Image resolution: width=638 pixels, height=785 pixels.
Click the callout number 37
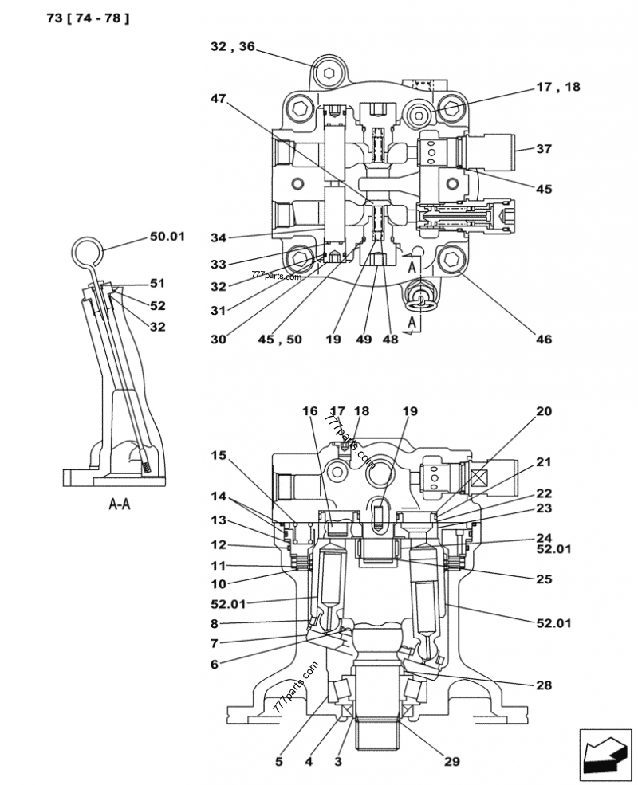pos(544,148)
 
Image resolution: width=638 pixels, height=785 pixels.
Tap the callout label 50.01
pos(167,236)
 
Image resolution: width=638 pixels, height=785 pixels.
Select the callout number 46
pos(543,340)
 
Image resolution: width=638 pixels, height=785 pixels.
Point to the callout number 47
pos(218,99)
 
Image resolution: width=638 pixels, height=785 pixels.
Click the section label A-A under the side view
pos(119,504)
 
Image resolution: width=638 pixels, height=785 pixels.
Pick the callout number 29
pos(451,762)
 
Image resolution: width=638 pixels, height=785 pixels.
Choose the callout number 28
pos(544,685)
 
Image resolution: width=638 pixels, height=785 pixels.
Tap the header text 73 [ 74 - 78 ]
pos(82,17)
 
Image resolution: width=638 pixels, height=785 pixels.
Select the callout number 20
pos(543,411)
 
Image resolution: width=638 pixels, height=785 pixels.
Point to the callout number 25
pos(544,579)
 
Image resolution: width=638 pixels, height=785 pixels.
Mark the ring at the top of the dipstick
pos(86,253)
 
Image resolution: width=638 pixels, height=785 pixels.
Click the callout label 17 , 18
pos(558,88)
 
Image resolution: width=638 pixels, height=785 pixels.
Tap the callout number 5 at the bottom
pos(279,762)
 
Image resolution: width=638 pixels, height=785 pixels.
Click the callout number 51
pos(157,282)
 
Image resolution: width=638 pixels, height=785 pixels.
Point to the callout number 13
pos(219,520)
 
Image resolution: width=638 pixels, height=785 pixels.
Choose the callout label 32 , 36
pos(233,47)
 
